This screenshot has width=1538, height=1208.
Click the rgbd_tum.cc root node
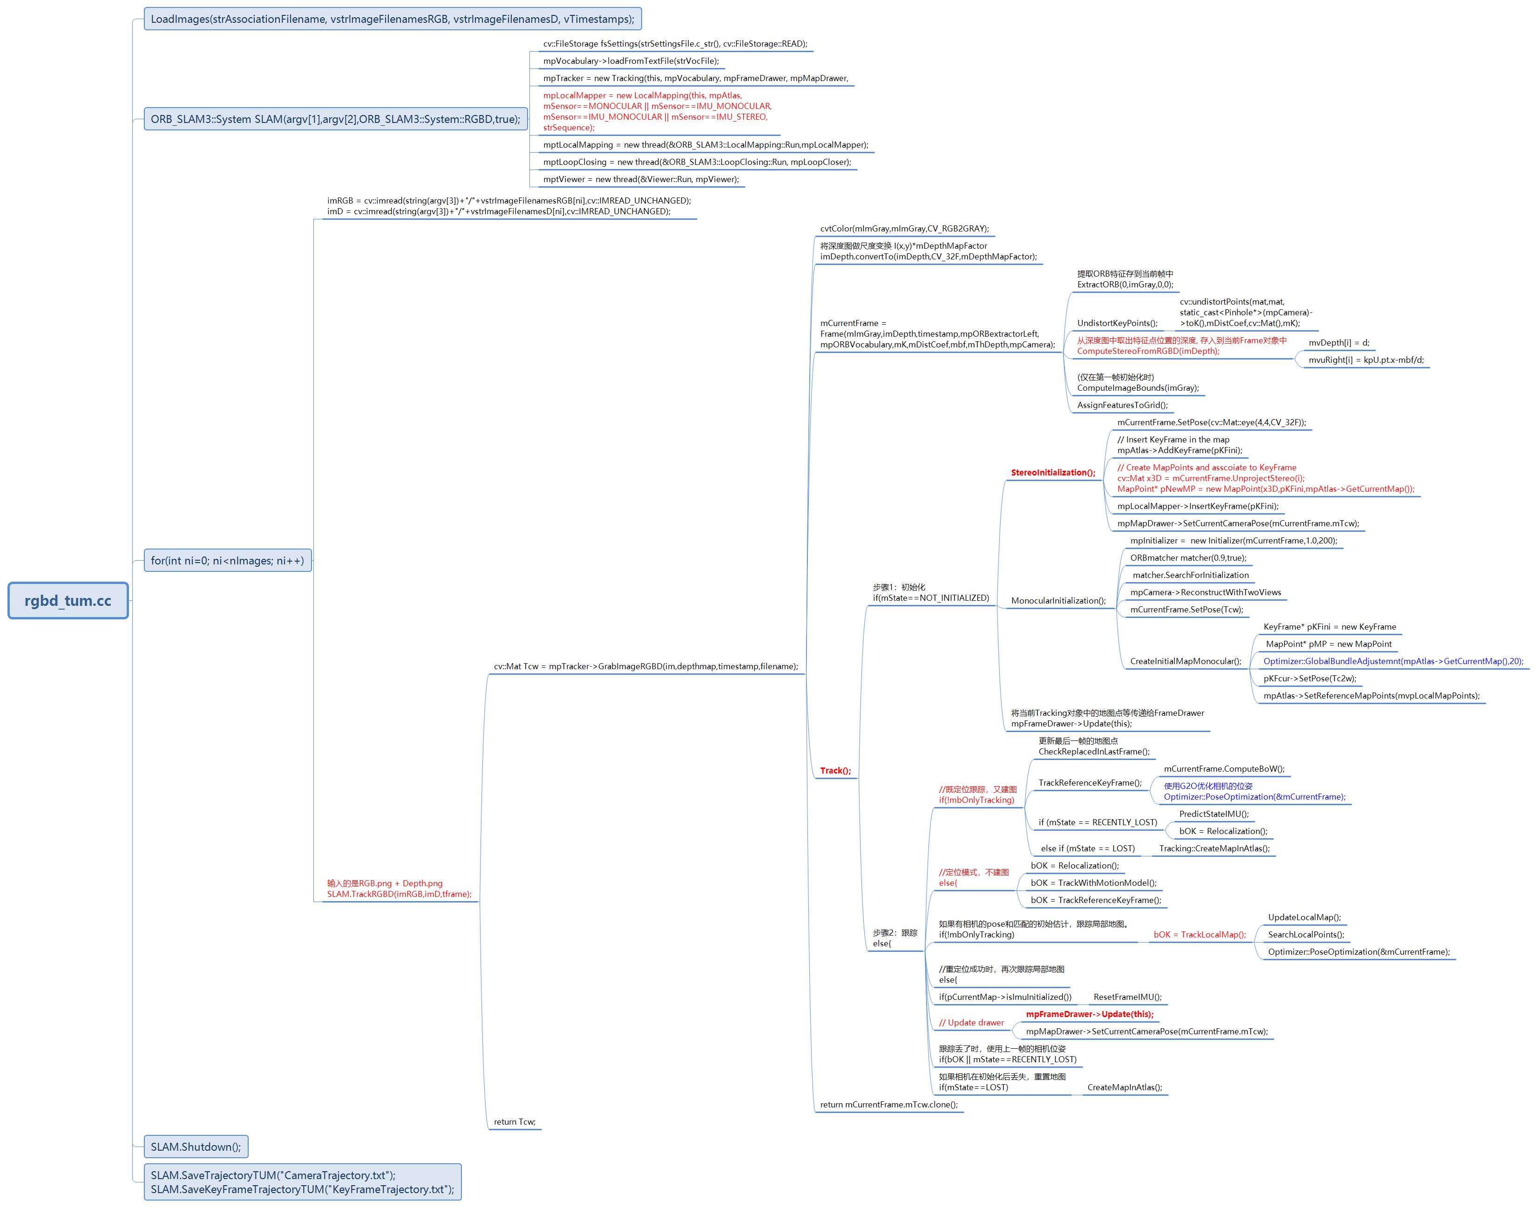(68, 600)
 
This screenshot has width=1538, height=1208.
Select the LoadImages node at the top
(393, 19)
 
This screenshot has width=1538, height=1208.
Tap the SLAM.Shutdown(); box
(196, 1147)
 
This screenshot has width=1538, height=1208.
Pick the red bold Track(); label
(835, 771)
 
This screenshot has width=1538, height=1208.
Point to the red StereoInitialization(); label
(1052, 473)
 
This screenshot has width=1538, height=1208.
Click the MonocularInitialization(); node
(1058, 600)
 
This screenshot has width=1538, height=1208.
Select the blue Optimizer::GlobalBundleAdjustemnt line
(1392, 661)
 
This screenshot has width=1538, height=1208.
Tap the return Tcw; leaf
(514, 1122)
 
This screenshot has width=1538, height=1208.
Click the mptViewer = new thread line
(641, 180)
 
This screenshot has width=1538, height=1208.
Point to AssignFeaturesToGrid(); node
(1122, 405)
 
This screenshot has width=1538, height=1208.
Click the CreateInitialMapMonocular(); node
(1185, 661)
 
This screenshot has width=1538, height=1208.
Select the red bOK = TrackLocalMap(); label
(1199, 934)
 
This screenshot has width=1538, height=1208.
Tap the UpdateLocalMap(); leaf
(1304, 917)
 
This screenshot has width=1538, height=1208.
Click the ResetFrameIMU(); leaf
(1127, 997)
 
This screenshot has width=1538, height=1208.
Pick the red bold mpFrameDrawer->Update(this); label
(1089, 1014)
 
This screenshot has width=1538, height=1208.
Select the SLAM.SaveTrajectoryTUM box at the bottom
(303, 1182)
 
